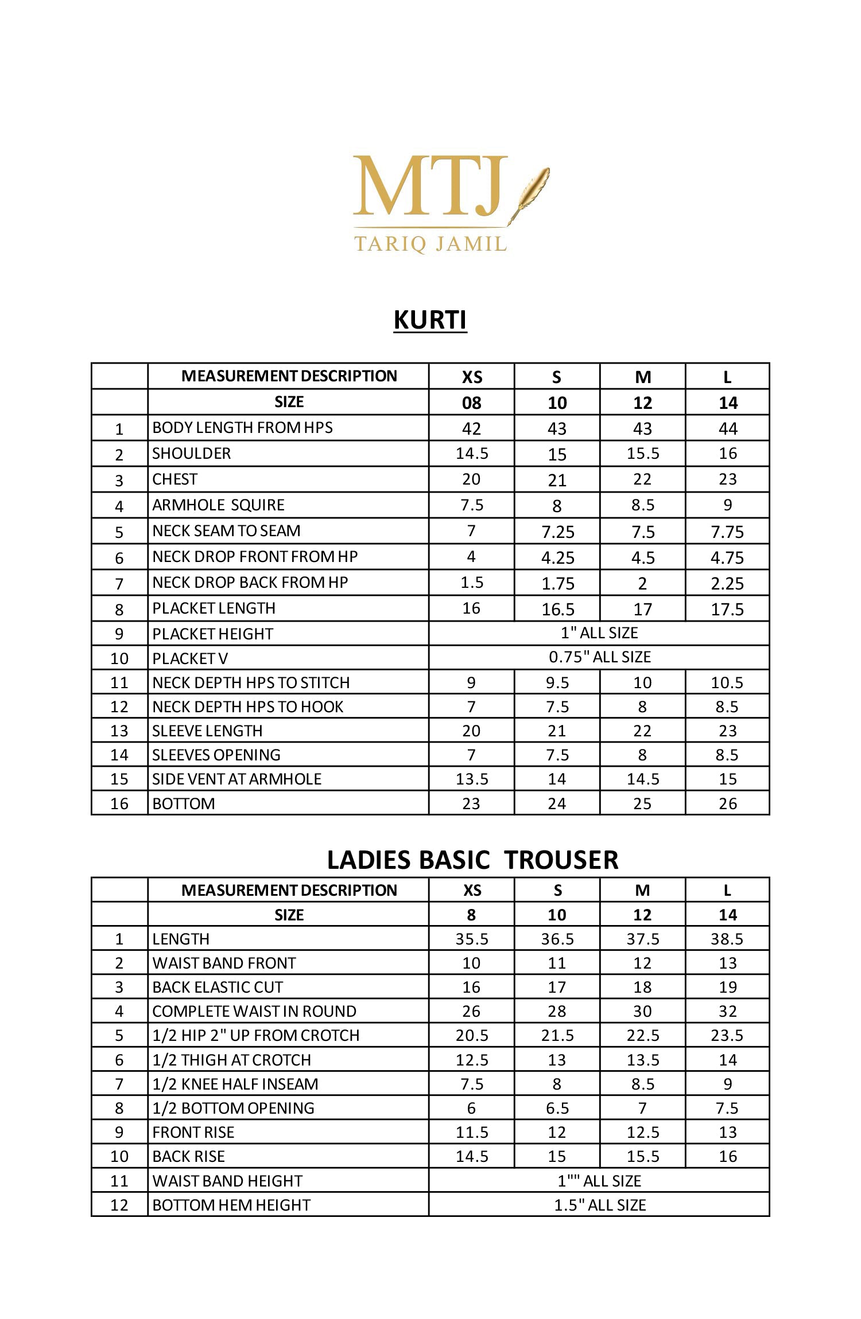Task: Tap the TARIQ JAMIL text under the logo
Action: coord(430,243)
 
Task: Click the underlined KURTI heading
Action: coord(430,319)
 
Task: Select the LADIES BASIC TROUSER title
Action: coord(472,860)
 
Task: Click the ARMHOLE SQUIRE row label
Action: coord(218,505)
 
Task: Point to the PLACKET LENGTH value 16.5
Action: coord(557,609)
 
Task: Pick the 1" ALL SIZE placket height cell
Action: coord(599,633)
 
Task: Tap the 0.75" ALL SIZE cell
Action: coord(599,657)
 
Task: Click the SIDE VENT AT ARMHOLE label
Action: coord(236,779)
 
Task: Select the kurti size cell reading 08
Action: coord(471,403)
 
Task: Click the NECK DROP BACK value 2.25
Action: coord(727,583)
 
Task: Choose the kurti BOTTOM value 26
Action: coord(727,803)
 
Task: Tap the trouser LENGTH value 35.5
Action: coord(471,939)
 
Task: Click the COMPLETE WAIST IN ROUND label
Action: coord(254,1011)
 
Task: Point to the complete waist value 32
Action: coord(727,1011)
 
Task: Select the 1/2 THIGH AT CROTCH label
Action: coord(231,1060)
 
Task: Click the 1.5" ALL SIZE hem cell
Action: coord(599,1205)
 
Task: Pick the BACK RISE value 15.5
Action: coord(642,1156)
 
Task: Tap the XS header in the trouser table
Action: coord(471,890)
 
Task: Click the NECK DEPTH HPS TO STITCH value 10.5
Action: coord(727,682)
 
